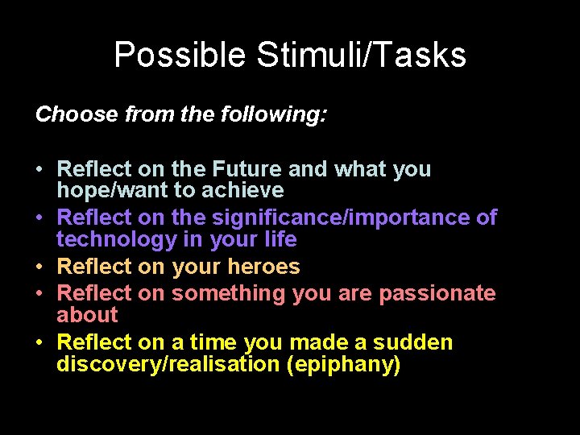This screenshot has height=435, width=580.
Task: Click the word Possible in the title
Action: tap(180, 56)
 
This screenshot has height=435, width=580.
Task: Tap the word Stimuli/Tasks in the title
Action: tap(360, 56)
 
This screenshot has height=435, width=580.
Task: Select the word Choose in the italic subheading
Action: tap(77, 114)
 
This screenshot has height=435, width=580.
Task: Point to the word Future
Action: tap(247, 169)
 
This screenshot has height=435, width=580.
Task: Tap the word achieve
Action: tap(244, 191)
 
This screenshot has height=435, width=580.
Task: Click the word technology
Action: tap(109, 239)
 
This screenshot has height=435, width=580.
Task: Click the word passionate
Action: tap(437, 293)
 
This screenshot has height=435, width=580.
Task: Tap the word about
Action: tap(87, 315)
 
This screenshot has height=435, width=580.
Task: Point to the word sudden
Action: tap(413, 342)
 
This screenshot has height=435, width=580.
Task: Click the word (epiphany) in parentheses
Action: tap(344, 364)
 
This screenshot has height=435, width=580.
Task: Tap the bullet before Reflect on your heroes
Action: tap(39, 267)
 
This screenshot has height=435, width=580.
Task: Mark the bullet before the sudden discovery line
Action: tap(39, 343)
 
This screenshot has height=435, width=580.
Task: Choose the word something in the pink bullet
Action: tap(229, 293)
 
